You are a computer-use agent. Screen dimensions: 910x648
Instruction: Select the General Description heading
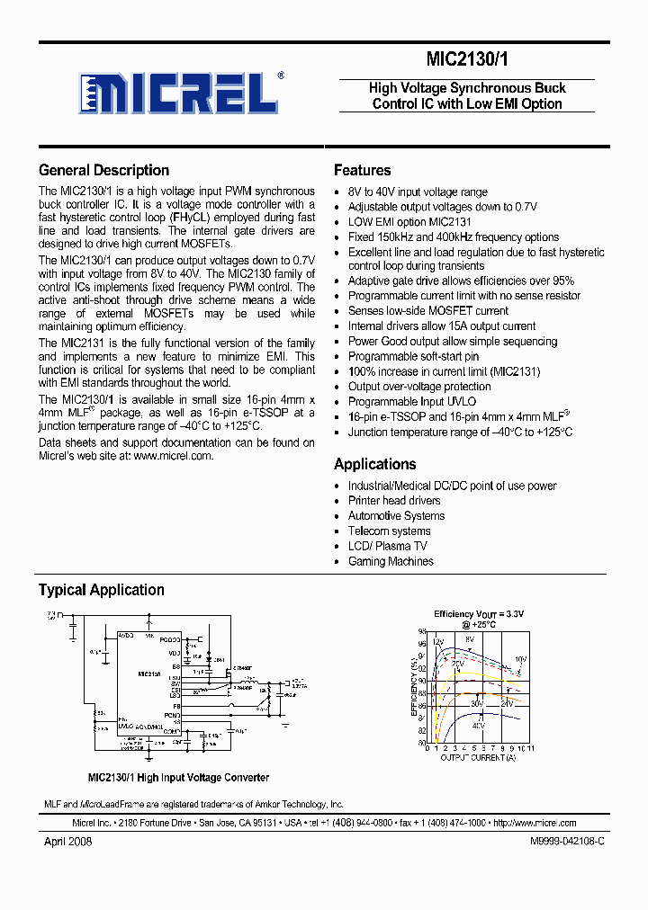[103, 170]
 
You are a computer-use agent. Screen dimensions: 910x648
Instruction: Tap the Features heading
[362, 170]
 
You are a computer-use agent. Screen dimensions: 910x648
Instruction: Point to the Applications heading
[374, 464]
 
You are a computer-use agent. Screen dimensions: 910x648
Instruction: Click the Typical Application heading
[101, 590]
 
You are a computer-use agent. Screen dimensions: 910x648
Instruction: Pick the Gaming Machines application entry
[391, 561]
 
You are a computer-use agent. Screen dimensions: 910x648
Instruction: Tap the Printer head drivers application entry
[394, 501]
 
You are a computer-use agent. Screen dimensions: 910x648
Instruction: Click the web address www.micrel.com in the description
[173, 456]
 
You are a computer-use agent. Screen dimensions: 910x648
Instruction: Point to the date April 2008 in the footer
[67, 842]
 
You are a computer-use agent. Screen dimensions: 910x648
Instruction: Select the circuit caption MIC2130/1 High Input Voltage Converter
[178, 778]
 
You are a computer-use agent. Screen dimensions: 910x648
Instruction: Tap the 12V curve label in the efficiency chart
[438, 642]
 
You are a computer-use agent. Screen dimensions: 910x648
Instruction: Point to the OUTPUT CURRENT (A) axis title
[478, 758]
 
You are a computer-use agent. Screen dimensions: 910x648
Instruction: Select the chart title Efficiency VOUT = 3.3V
[478, 614]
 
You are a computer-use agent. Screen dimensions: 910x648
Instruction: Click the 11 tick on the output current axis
[530, 748]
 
